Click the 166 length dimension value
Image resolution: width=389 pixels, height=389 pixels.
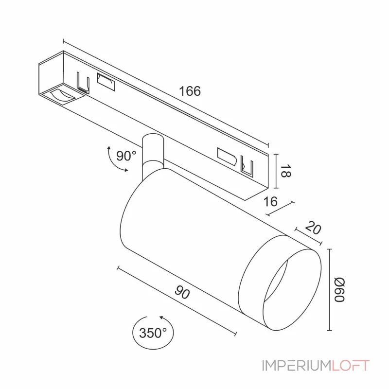190,91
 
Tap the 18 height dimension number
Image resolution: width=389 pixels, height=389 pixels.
285,171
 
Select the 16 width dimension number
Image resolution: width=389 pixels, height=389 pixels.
270,201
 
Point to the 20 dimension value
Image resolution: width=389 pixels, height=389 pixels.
313,228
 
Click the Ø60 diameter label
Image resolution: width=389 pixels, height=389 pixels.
339,290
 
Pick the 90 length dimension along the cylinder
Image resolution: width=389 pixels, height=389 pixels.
182,292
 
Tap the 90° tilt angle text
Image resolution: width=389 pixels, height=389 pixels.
126,156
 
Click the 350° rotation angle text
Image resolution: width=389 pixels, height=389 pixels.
153,333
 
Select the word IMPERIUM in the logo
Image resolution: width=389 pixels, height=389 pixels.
297,366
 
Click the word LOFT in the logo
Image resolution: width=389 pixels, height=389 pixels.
351,366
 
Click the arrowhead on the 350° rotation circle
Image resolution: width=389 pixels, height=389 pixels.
162,318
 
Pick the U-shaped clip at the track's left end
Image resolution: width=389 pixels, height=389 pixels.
83,83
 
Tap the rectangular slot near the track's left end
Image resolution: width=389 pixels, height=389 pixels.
106,82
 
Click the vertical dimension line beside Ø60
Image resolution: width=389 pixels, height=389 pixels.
330,290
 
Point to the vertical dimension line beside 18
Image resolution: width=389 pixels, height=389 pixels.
276,171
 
